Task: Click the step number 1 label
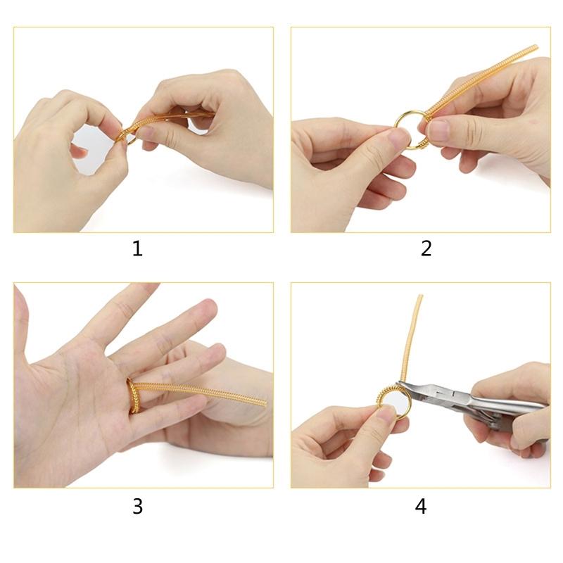pos(137,248)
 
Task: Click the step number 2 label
pos(426,248)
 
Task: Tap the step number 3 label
pos(137,506)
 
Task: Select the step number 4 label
pos(421,506)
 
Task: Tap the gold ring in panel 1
pos(127,135)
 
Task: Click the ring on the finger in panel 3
pos(132,395)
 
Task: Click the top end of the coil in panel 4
pos(420,298)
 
